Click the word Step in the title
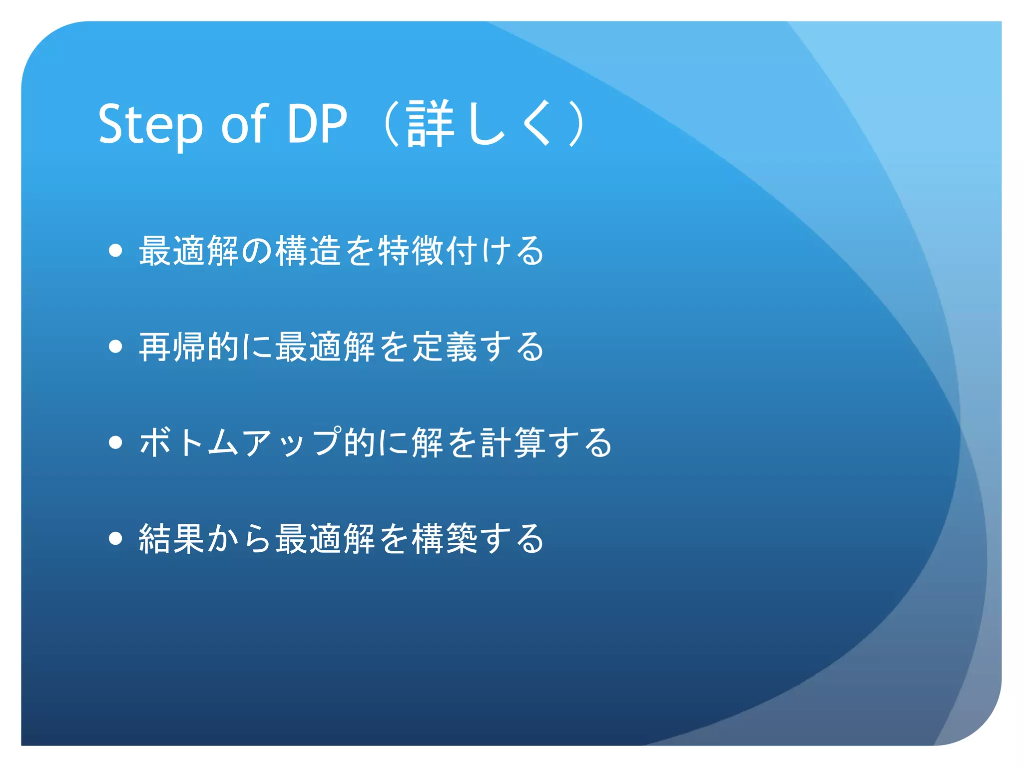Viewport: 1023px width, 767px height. click(x=150, y=124)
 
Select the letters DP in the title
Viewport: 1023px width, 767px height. click(x=317, y=124)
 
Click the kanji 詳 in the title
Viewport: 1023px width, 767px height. click(x=430, y=124)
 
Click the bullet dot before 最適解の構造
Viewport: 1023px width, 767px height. click(x=115, y=250)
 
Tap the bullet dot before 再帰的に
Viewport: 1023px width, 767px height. click(x=115, y=346)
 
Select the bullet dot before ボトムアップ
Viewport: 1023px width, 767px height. click(x=115, y=442)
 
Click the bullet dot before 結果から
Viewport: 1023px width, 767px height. click(x=115, y=538)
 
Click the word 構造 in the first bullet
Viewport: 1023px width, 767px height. click(x=308, y=250)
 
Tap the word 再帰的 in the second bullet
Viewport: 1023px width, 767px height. click(x=189, y=346)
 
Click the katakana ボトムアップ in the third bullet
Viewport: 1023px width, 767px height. click(x=240, y=442)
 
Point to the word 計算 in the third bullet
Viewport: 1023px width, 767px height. click(x=513, y=442)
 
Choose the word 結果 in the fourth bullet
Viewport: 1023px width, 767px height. click(x=172, y=538)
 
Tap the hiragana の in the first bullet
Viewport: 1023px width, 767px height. click(x=257, y=250)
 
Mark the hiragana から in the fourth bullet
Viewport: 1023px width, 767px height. click(x=240, y=538)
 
